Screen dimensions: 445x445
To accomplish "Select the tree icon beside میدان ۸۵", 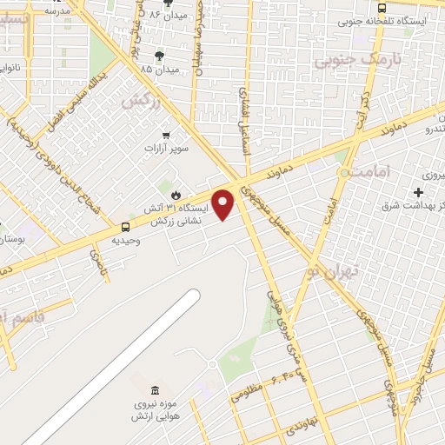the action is [x=158, y=56].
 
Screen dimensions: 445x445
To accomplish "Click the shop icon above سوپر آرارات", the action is [x=166, y=135].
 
